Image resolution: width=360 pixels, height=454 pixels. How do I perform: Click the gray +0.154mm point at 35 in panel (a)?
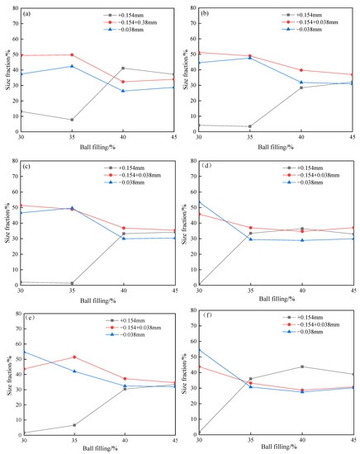(x=72, y=120)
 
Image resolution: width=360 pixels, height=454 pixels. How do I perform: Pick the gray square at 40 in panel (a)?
(x=123, y=68)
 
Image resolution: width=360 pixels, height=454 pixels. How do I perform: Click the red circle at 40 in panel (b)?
(x=301, y=70)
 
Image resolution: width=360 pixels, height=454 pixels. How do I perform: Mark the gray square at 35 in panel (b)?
(x=250, y=126)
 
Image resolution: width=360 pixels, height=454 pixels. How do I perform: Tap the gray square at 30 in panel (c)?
(x=21, y=282)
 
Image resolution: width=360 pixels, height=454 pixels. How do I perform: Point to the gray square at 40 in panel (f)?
(x=301, y=367)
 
